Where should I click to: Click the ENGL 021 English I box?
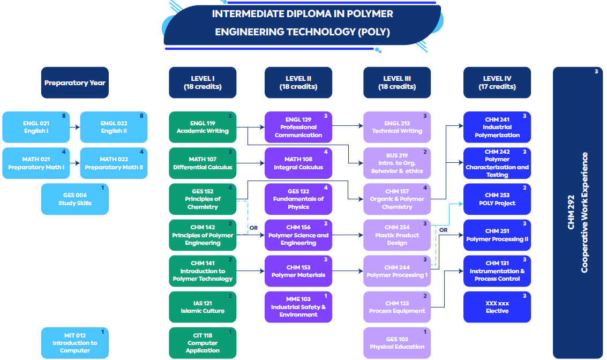[36, 127]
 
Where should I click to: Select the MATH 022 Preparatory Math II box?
[114, 163]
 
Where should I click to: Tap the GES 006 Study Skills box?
[75, 199]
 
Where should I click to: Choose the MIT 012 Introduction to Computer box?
[75, 343]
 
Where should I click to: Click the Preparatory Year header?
[75, 82]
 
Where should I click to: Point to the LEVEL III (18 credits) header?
[397, 82]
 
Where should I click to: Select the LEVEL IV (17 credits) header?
[497, 82]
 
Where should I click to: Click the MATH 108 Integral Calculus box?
[298, 163]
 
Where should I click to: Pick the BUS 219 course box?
[397, 163]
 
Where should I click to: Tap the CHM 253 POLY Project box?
[497, 199]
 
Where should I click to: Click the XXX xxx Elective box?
[497, 307]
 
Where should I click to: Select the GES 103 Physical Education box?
[397, 343]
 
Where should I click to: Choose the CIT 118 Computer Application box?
[203, 343]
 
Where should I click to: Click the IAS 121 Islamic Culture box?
[203, 307]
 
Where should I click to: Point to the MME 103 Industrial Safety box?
[298, 307]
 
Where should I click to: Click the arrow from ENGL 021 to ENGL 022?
[74, 127]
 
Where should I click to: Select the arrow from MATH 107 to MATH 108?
[250, 163]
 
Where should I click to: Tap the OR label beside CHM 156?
[253, 228]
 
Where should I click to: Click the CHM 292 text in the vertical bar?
[571, 212]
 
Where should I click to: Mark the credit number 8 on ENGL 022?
[141, 116]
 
